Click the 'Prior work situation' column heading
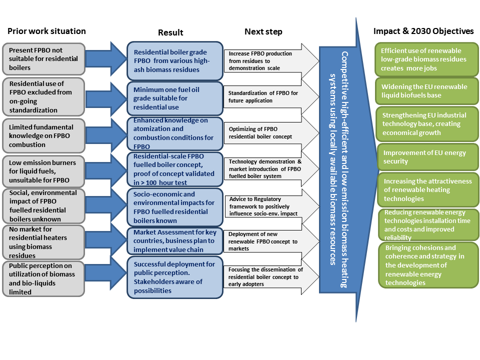pos(46,31)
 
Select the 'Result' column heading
pos(170,32)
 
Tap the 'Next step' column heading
pos(263,31)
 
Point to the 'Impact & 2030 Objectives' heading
pos(423,31)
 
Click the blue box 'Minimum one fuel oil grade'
pos(174,98)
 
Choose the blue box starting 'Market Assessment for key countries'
pos(174,241)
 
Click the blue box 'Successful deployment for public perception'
pos(174,277)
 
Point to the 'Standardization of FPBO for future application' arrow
pos(265,97)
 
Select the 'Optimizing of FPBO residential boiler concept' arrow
pos(265,132)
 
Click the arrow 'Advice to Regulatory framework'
pos(265,206)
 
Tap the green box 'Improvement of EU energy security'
pos(426,157)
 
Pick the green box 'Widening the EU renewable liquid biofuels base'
pos(426,90)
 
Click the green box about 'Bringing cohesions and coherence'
pos(427,265)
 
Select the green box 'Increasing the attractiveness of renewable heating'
pos(426,190)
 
